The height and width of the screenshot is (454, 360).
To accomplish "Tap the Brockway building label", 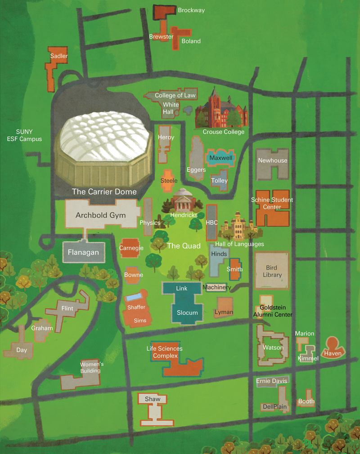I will tap(191, 10).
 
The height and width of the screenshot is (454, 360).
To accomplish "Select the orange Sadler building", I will tap(53, 67).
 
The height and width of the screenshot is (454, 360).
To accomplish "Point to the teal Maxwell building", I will tap(220, 158).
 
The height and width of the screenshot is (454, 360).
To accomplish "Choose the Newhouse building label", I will tap(272, 160).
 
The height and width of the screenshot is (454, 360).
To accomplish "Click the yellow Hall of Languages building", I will tap(238, 227).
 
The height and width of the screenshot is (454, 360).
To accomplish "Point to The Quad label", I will tap(184, 246).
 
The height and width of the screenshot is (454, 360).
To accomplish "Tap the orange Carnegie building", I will tap(131, 248).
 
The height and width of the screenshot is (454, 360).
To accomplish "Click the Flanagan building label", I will tap(83, 253).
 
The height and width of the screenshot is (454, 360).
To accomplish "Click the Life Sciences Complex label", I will tap(165, 352).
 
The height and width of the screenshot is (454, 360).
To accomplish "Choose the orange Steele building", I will tap(169, 180).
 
